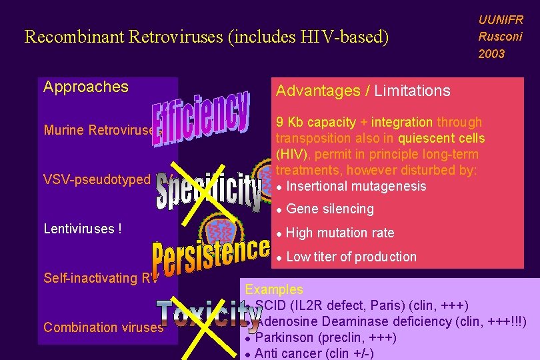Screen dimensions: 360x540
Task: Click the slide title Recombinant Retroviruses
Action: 206,36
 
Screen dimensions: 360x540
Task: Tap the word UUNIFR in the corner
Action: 501,20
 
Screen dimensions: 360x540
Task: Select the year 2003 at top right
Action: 491,53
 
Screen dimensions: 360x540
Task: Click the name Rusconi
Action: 500,37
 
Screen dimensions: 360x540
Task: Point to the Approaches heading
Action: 86,87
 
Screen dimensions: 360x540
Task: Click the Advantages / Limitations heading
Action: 363,91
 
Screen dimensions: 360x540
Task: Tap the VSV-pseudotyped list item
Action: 97,179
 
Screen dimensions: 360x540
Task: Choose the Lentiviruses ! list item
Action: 83,229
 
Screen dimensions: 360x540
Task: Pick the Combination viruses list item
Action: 103,327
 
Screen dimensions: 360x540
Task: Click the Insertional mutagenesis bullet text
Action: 357,185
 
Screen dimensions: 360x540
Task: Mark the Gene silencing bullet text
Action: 330,209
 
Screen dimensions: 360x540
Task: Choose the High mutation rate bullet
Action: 340,233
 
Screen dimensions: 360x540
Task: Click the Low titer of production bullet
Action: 351,257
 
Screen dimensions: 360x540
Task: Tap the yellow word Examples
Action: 274,289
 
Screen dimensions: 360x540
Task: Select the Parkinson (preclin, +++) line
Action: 326,337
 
